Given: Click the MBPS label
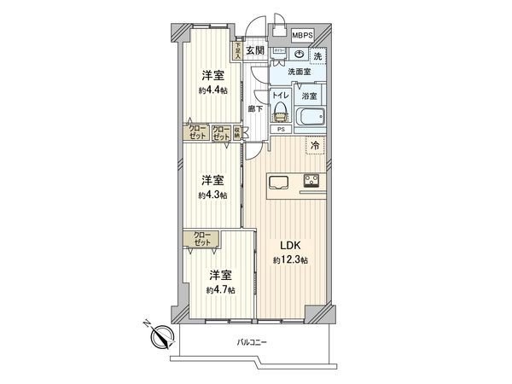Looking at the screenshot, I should pos(302,35).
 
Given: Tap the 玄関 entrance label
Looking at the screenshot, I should pos(255,49).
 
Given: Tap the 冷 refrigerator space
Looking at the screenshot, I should pos(314,147).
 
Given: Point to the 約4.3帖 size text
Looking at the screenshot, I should pos(212,195).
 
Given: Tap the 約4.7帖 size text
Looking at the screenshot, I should pos(221,289).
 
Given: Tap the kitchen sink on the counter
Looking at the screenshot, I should pos(279,181).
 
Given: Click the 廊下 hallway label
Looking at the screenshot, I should pos(255,109).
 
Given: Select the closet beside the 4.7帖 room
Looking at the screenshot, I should pos(201,241).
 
